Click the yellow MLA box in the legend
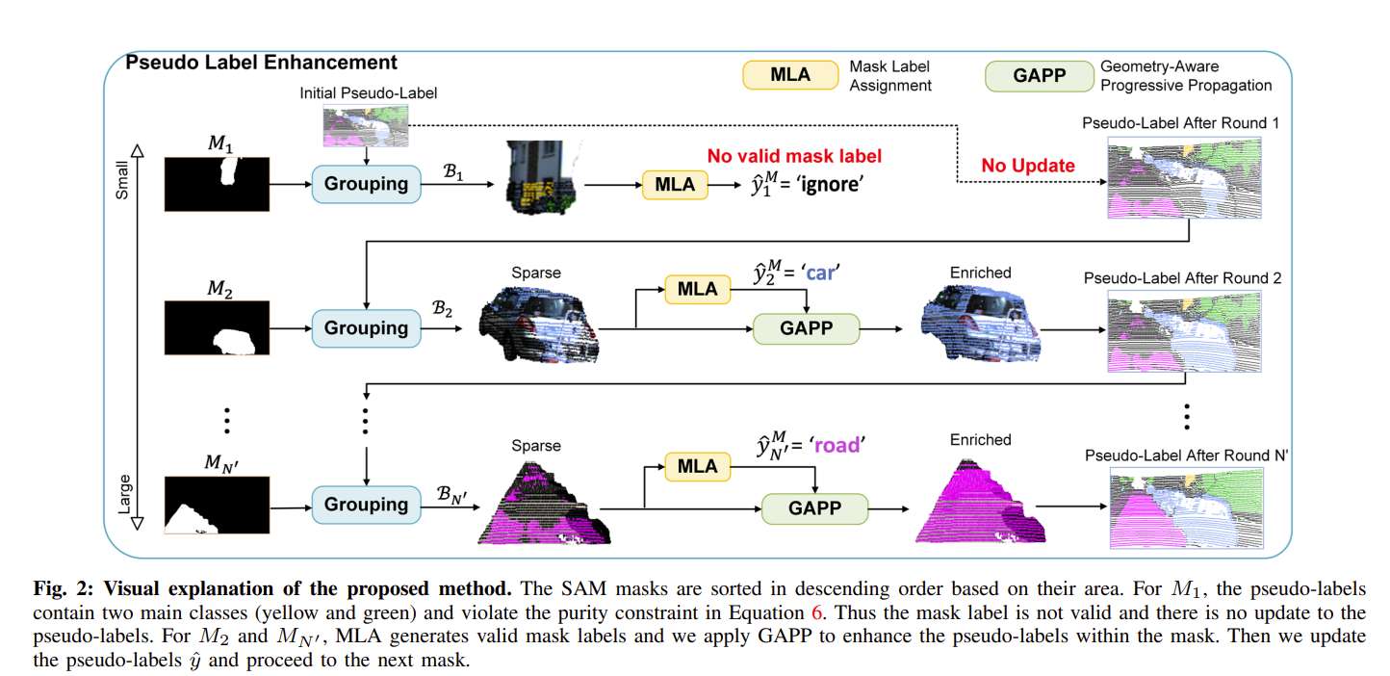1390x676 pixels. pos(789,76)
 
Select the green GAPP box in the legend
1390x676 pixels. pos(1039,76)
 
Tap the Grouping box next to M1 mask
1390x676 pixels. pos(366,183)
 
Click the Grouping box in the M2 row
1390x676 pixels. pos(366,328)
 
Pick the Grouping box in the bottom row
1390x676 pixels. pos(366,505)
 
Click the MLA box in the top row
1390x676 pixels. pos(675,184)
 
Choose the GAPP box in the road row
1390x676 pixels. pos(814,507)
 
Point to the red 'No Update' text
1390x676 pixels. pos(1028,166)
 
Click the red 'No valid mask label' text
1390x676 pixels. pos(794,156)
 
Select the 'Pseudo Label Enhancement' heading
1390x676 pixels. pos(261,63)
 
